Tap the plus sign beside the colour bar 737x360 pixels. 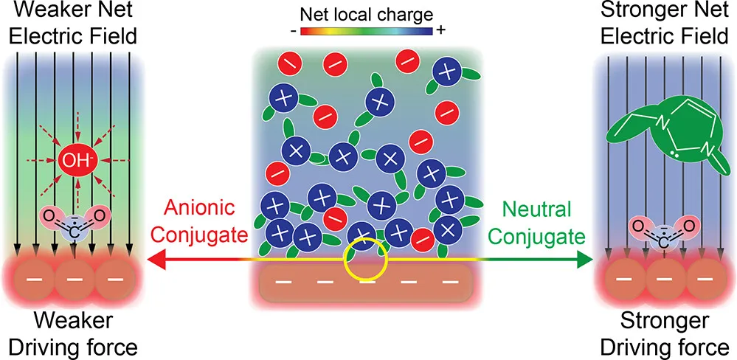(441, 31)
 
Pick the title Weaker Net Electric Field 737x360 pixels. (73, 24)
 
